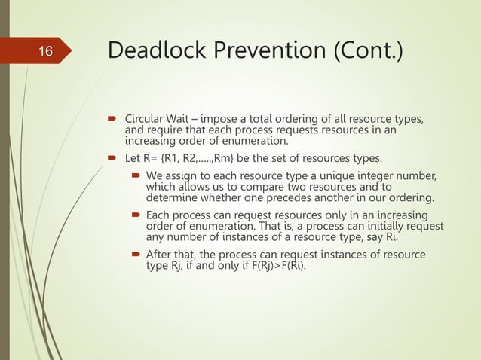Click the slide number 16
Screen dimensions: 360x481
coord(46,52)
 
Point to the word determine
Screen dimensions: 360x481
coord(172,198)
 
